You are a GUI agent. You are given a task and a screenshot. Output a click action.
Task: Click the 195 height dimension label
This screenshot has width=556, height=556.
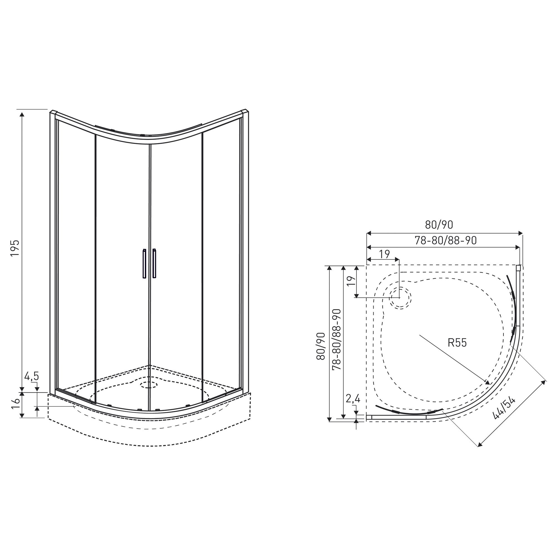pyautogui.click(x=15, y=248)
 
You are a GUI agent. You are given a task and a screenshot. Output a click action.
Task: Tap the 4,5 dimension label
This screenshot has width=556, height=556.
pyautogui.click(x=32, y=376)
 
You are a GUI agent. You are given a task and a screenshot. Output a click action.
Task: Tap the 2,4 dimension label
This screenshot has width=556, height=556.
pyautogui.click(x=353, y=399)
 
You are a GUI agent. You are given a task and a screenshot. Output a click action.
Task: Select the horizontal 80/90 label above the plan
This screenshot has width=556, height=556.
pyautogui.click(x=439, y=225)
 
